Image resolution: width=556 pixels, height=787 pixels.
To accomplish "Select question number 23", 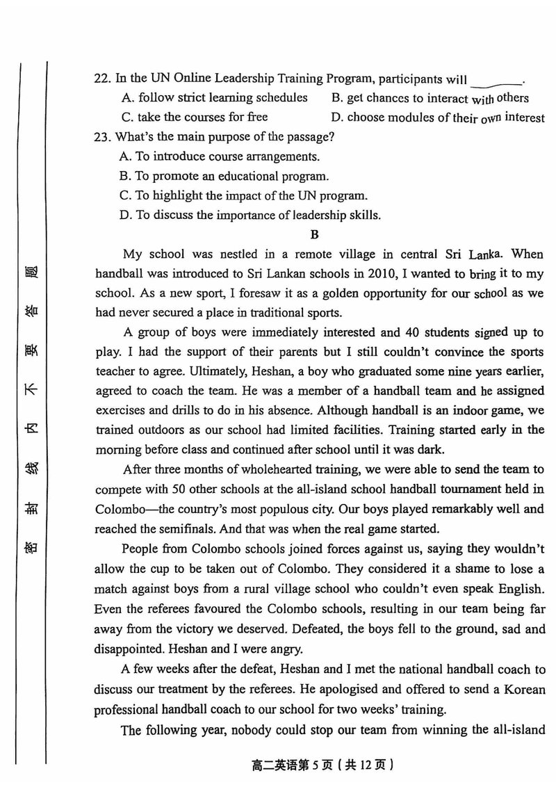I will click(x=103, y=137).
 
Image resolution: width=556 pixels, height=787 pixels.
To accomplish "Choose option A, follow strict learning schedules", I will click(x=213, y=98).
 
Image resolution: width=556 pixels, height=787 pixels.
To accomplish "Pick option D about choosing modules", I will click(x=438, y=117).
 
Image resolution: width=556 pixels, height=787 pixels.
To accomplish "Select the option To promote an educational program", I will click(x=224, y=176).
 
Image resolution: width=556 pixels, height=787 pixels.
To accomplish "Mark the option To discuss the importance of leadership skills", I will click(x=250, y=215).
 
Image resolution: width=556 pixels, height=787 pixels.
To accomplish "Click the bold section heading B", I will click(x=314, y=234).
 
